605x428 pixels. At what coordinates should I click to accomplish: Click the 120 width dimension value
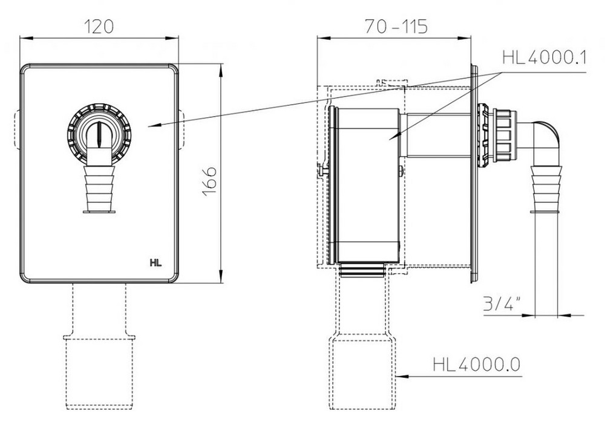[99, 27]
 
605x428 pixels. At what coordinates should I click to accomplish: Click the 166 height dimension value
[209, 181]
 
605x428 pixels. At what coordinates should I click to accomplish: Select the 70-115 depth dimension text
[396, 27]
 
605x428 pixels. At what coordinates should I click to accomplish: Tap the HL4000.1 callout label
[544, 58]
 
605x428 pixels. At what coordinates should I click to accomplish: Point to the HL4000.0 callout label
[476, 364]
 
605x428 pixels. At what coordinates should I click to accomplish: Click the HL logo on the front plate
[156, 263]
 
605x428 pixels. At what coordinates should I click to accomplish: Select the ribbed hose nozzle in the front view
[99, 189]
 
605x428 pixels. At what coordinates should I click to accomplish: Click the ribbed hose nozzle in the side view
[546, 189]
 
